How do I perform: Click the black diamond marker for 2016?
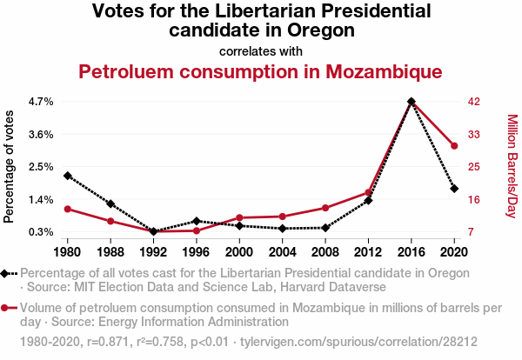(x=412, y=102)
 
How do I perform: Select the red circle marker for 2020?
(x=454, y=145)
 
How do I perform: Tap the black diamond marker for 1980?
(x=68, y=176)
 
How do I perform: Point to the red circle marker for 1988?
(x=110, y=221)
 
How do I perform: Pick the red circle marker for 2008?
(x=325, y=208)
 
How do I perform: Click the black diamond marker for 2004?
(x=283, y=229)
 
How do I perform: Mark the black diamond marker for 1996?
(x=197, y=221)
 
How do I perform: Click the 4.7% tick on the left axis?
(x=42, y=102)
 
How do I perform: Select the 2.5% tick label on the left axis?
(x=42, y=167)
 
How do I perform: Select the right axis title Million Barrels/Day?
(x=512, y=167)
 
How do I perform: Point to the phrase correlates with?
(x=261, y=50)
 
